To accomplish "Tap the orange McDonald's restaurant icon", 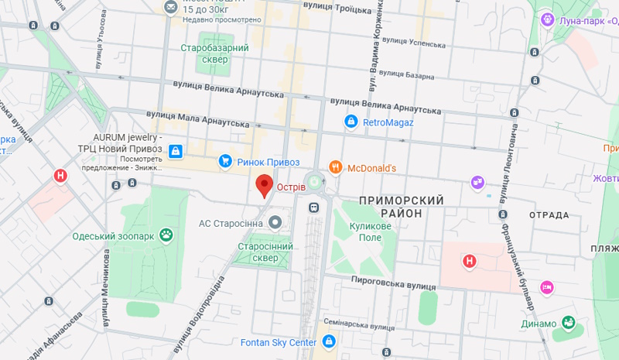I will click(335, 167).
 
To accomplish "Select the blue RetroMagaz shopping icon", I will click(351, 122).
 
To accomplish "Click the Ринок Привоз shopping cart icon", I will click(225, 161).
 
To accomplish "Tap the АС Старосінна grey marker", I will click(275, 223).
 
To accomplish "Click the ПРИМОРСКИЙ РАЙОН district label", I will click(401, 207).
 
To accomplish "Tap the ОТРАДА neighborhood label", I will click(549, 214).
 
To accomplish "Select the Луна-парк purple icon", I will click(548, 18).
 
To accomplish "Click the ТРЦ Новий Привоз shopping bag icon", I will click(176, 150).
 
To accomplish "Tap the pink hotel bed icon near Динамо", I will click(546, 287).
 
